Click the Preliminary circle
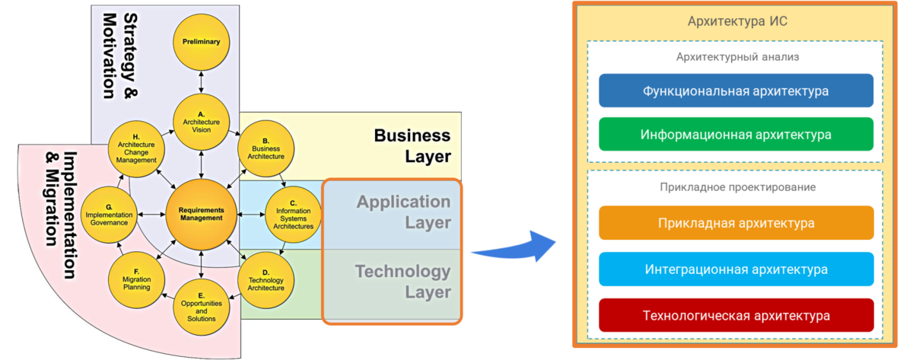(201, 42)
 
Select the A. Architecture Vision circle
(201, 123)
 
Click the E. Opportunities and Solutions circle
(201, 307)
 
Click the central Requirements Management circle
(201, 214)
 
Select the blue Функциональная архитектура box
(736, 91)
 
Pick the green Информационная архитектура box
(736, 134)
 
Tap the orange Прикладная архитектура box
(736, 223)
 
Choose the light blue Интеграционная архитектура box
(736, 269)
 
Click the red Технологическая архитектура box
(736, 315)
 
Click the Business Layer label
(412, 145)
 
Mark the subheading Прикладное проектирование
(736, 186)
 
